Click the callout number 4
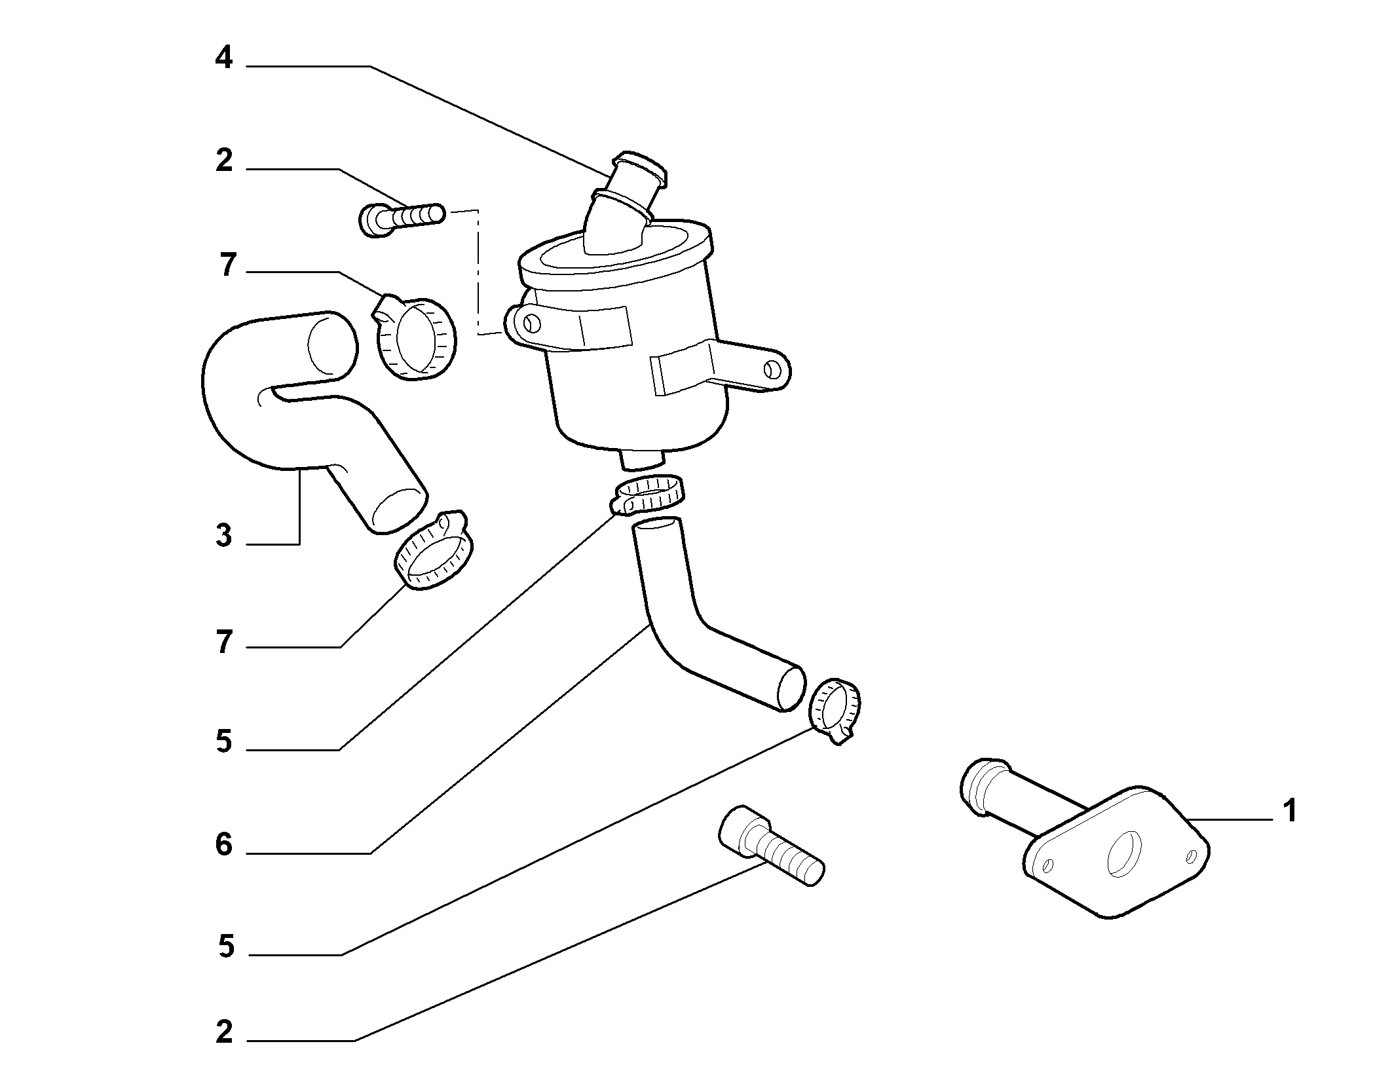pos(224,58)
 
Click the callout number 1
pos(1289,811)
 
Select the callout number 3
pos(224,536)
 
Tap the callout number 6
pos(224,845)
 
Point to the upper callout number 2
pos(224,160)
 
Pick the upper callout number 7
pos(227,265)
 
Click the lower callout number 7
pos(224,642)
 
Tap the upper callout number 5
pos(224,742)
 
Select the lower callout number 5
pos(226,946)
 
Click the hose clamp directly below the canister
pos(647,496)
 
